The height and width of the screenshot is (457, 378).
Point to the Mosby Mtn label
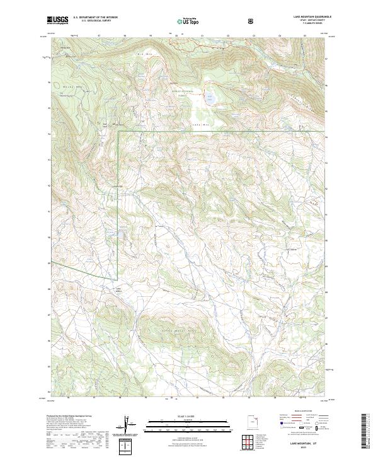tap(67, 84)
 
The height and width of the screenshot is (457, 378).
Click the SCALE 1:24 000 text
tap(180, 417)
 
